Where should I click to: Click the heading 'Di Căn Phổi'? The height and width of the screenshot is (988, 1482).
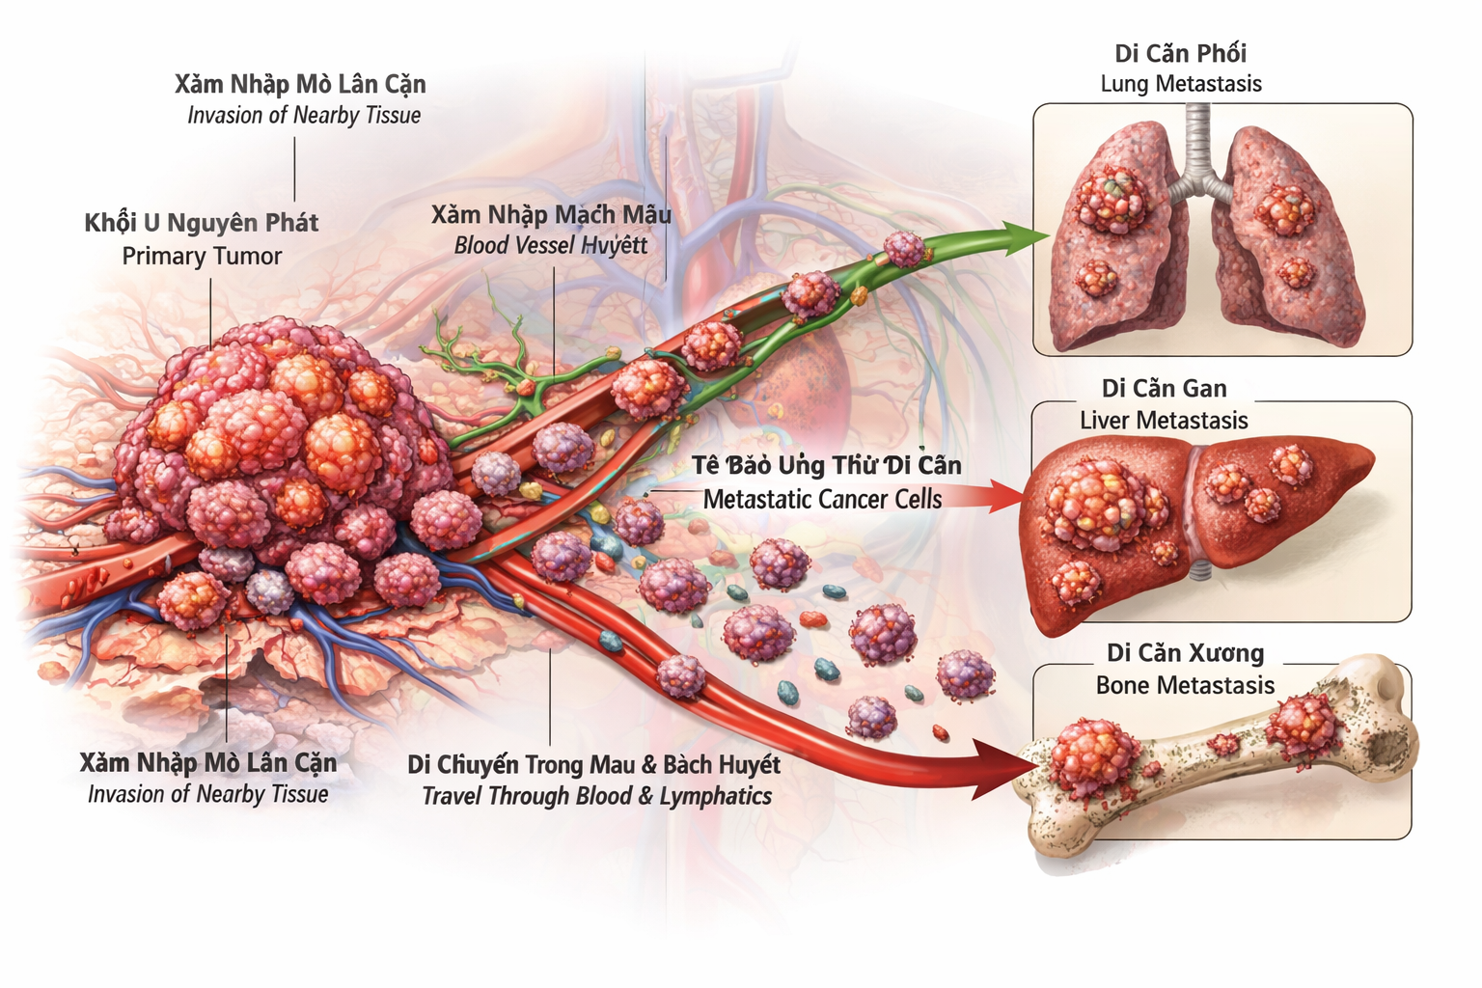pos(1180,53)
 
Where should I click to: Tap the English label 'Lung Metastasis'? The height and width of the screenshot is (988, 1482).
pos(1180,84)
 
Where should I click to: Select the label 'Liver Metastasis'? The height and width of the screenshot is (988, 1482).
pos(1163,421)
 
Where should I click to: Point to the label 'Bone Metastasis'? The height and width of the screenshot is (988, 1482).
pos(1185,685)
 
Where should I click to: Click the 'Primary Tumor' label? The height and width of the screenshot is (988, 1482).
pos(202,256)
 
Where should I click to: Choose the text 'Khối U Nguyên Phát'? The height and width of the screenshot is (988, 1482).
pos(201,223)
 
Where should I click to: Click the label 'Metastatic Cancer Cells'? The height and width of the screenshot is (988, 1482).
pos(822,499)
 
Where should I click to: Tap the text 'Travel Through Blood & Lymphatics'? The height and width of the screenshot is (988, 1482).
pos(596,796)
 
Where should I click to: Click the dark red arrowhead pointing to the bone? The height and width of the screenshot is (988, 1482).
pos(1003,767)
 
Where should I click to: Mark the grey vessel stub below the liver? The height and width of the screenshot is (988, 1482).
pos(1198,570)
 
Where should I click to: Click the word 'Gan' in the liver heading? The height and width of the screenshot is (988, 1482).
pos(1205,389)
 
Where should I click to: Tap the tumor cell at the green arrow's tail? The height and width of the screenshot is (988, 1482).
pos(904,249)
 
